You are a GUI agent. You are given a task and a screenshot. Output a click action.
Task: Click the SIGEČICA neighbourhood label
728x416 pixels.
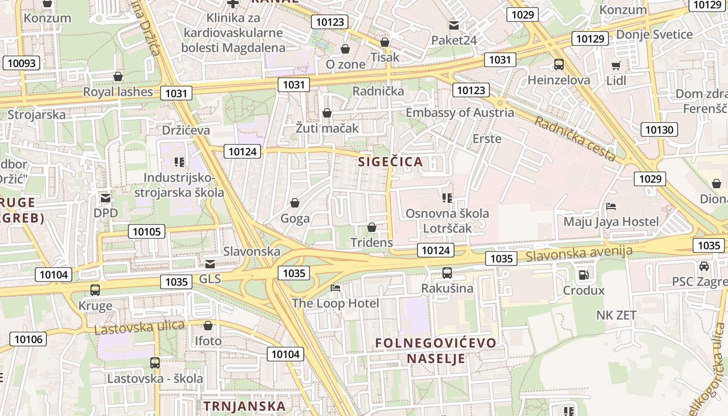click(x=390, y=162)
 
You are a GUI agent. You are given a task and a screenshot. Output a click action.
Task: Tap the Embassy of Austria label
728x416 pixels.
click(x=460, y=112)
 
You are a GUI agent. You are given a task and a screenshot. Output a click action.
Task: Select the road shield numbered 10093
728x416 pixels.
click(x=22, y=63)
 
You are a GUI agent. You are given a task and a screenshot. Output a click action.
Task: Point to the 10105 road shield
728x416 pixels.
click(x=147, y=231)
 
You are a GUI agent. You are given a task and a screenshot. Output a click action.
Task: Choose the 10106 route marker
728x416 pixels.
click(x=28, y=340)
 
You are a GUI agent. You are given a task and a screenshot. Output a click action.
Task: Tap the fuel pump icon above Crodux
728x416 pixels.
click(x=583, y=275)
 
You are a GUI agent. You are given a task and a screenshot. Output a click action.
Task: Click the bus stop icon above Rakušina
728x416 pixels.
click(x=447, y=272)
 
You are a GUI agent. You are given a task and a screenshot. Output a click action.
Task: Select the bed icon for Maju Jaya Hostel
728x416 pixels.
click(x=611, y=206)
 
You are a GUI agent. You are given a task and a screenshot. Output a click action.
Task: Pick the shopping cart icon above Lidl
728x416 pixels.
click(x=616, y=66)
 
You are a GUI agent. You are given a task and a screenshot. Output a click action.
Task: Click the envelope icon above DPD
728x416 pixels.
click(x=106, y=198)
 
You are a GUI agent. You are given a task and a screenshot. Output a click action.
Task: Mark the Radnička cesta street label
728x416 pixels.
click(x=575, y=139)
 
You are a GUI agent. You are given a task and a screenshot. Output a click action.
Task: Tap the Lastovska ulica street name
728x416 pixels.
click(x=139, y=327)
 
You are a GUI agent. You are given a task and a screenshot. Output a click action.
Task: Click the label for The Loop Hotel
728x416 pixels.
click(x=335, y=303)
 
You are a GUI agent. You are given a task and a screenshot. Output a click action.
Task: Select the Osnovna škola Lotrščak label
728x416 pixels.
click(x=447, y=220)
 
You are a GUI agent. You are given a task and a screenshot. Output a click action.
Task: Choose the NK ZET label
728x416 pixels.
click(x=616, y=315)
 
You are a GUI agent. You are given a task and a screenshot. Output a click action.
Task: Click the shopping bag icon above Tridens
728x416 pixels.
click(x=371, y=227)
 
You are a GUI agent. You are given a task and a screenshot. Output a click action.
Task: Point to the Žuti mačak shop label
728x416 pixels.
click(x=327, y=127)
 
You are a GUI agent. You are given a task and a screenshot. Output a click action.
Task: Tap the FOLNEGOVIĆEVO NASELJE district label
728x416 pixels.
click(x=436, y=350)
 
